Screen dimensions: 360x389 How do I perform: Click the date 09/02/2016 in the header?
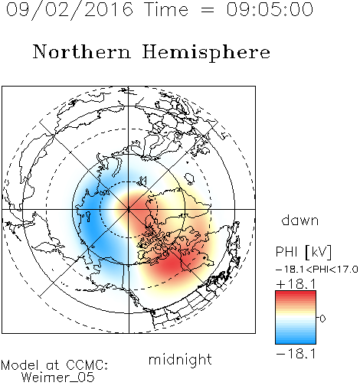coord(70,10)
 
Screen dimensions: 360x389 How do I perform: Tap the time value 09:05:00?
coord(270,9)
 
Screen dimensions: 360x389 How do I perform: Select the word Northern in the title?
coord(82,51)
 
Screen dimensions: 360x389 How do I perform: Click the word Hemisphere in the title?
coord(206,52)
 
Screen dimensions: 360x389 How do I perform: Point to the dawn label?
coord(300,220)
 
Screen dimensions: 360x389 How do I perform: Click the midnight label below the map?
coord(180,360)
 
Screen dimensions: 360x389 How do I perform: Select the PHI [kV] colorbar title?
coord(304,253)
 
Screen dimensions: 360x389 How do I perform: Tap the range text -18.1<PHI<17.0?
coord(317,270)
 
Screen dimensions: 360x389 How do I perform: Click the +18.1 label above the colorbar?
coord(296,284)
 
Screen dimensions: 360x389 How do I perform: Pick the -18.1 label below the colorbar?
coord(296,354)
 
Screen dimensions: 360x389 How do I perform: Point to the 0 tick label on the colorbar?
coord(322,319)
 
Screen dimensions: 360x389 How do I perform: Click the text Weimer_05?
coord(58,378)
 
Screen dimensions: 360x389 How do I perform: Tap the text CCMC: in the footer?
coord(87,365)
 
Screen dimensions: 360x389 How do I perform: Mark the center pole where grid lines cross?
coord(129,209)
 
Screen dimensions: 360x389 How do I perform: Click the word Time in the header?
coord(166,9)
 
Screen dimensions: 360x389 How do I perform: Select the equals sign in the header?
coord(208,10)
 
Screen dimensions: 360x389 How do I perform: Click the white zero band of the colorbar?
coord(296,318)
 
